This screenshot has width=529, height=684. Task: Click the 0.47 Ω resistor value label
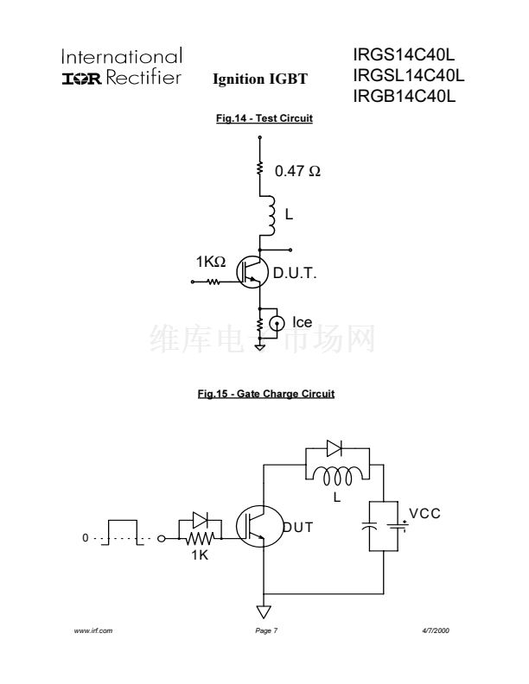click(x=297, y=172)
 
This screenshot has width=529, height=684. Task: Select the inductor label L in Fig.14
click(x=289, y=215)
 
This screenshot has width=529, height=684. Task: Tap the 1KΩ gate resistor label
click(x=211, y=261)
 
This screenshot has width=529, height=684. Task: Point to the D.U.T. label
click(x=296, y=275)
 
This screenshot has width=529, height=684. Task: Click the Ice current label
click(x=302, y=323)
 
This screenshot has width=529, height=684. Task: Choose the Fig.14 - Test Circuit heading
click(x=264, y=118)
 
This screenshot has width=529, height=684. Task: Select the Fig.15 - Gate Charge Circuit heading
click(x=265, y=394)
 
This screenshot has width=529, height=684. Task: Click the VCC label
click(x=424, y=514)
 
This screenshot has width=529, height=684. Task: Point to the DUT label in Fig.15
click(x=299, y=527)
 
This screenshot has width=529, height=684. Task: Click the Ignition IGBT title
click(x=259, y=79)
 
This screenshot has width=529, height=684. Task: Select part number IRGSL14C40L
click(x=409, y=76)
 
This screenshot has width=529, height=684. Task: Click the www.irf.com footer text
click(x=95, y=632)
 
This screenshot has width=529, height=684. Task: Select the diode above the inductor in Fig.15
click(x=335, y=448)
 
